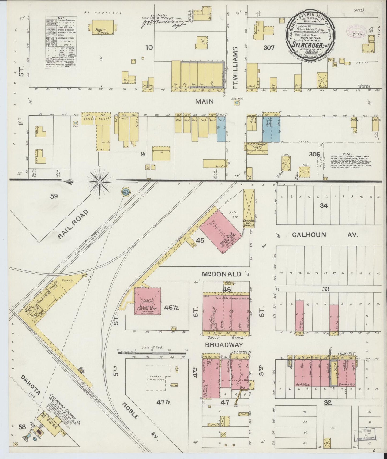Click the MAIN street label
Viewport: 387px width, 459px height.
(204, 101)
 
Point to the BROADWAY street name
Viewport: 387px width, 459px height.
(224, 345)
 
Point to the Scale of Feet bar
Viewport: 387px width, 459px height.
(152, 353)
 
